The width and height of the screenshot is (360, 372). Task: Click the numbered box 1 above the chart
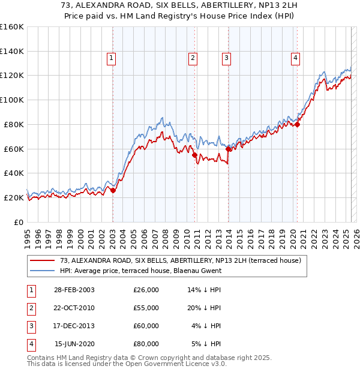pos(112,58)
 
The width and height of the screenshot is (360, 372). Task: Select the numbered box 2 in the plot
pos(193,58)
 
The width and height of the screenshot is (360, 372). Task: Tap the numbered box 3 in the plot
pos(226,58)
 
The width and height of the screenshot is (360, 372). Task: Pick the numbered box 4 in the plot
pos(296,58)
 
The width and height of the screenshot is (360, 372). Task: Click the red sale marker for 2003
pos(113,190)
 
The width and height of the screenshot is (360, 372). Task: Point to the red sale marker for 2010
pos(195,155)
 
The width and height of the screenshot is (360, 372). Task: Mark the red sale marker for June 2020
pos(298,124)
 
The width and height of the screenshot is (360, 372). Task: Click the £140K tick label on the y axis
pos(13,51)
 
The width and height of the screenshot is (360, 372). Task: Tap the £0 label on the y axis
pos(19,222)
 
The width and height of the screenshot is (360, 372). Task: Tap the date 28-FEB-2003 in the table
pos(74,290)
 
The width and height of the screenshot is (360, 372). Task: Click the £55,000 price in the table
pos(146,308)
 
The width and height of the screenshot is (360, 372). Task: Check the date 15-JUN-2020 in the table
pos(74,344)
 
